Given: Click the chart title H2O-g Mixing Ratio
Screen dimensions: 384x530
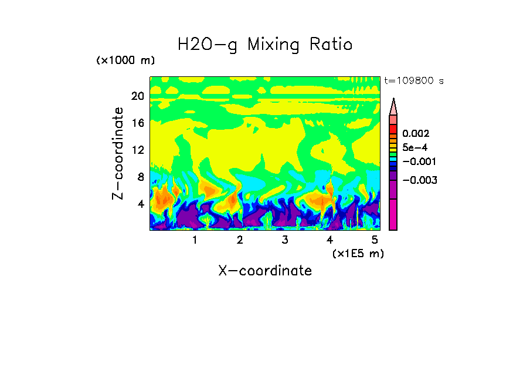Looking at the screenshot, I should click(265, 45).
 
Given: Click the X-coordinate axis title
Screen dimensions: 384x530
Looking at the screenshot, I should click(265, 271).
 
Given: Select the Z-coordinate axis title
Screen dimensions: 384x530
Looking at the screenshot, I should click(118, 153).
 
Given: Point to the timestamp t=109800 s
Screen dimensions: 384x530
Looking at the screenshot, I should click(413, 81).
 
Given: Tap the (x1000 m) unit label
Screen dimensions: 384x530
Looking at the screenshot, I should click(125, 61).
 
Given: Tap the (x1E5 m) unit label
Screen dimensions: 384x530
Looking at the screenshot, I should click(358, 253).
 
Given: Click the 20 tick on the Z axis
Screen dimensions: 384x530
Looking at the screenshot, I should click(137, 96).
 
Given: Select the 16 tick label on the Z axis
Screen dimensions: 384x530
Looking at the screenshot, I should click(137, 123).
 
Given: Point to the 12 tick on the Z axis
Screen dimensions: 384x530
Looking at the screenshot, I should click(137, 150).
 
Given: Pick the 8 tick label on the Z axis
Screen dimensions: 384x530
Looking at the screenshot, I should click(140, 177).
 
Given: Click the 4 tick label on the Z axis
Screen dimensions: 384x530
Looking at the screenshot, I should click(140, 204).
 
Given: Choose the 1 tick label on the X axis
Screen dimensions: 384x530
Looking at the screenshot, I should click(195, 240).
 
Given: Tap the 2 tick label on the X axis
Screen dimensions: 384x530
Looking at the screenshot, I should click(240, 240).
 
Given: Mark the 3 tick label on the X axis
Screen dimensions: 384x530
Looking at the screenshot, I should click(285, 240).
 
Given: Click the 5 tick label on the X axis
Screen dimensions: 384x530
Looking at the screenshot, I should click(375, 240).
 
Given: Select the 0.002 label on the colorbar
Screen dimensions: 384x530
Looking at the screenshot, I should click(416, 134).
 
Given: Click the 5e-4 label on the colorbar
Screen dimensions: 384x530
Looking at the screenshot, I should click(415, 147).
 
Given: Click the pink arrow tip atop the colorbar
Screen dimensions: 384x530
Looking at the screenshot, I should click(393, 106).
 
